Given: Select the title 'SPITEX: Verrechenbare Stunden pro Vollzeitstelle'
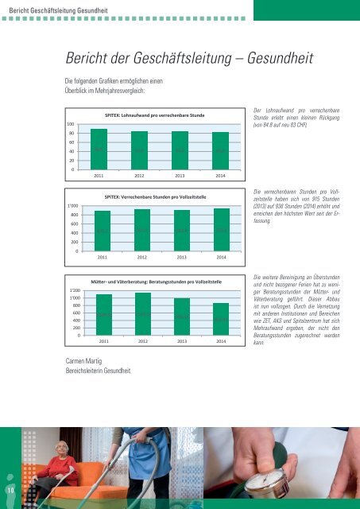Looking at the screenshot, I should pyautogui.click(x=156, y=196).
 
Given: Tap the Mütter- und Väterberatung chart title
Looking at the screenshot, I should pyautogui.click(x=156, y=282).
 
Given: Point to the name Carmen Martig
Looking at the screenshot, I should pyautogui.click(x=85, y=362).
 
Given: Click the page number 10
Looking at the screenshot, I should pyautogui.click(x=8, y=492).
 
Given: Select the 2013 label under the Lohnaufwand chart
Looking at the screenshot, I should pyautogui.click(x=180, y=175).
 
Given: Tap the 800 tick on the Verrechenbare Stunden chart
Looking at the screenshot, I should pyautogui.click(x=72, y=215).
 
